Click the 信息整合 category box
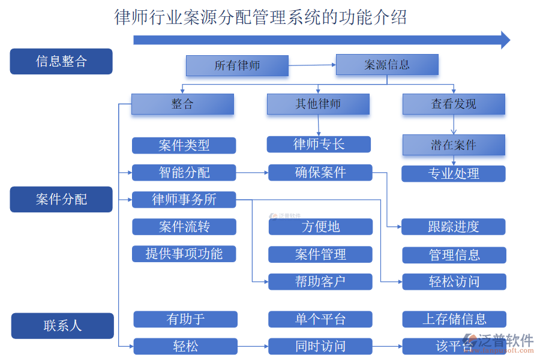[61, 61]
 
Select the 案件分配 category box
[61, 199]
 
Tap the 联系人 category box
[62, 326]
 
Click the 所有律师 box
[237, 65]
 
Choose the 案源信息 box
[387, 64]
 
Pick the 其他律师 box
[318, 104]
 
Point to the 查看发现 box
[454, 104]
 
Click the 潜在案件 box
[454, 145]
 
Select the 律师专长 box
[319, 144]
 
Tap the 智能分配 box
[184, 173]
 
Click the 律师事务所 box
[184, 199]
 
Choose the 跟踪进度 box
[454, 227]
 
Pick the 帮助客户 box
[320, 281]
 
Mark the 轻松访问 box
[454, 281]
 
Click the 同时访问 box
[320, 346]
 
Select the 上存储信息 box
[454, 319]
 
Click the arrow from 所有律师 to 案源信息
[312, 65]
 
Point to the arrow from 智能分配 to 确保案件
[252, 173]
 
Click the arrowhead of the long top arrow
[505, 40]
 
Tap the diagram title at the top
[260, 17]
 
